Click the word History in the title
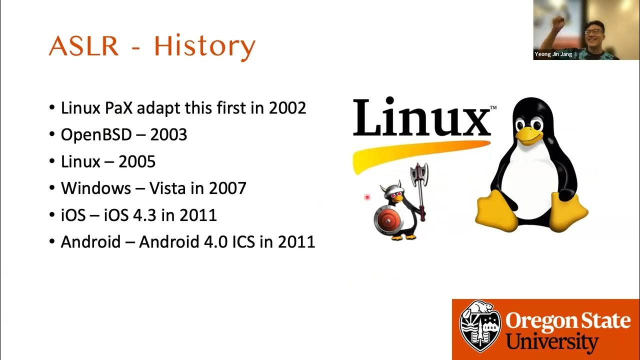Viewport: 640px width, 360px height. pos(204,46)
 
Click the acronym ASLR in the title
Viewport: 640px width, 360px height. pos(83,46)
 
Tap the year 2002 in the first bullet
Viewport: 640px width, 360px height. pos(287,107)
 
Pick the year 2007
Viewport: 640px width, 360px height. pos(227,188)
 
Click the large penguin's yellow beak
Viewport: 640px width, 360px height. pos(529,135)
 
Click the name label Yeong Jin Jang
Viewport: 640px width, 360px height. pos(553,54)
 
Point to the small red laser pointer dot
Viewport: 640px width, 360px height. pos(367,197)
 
